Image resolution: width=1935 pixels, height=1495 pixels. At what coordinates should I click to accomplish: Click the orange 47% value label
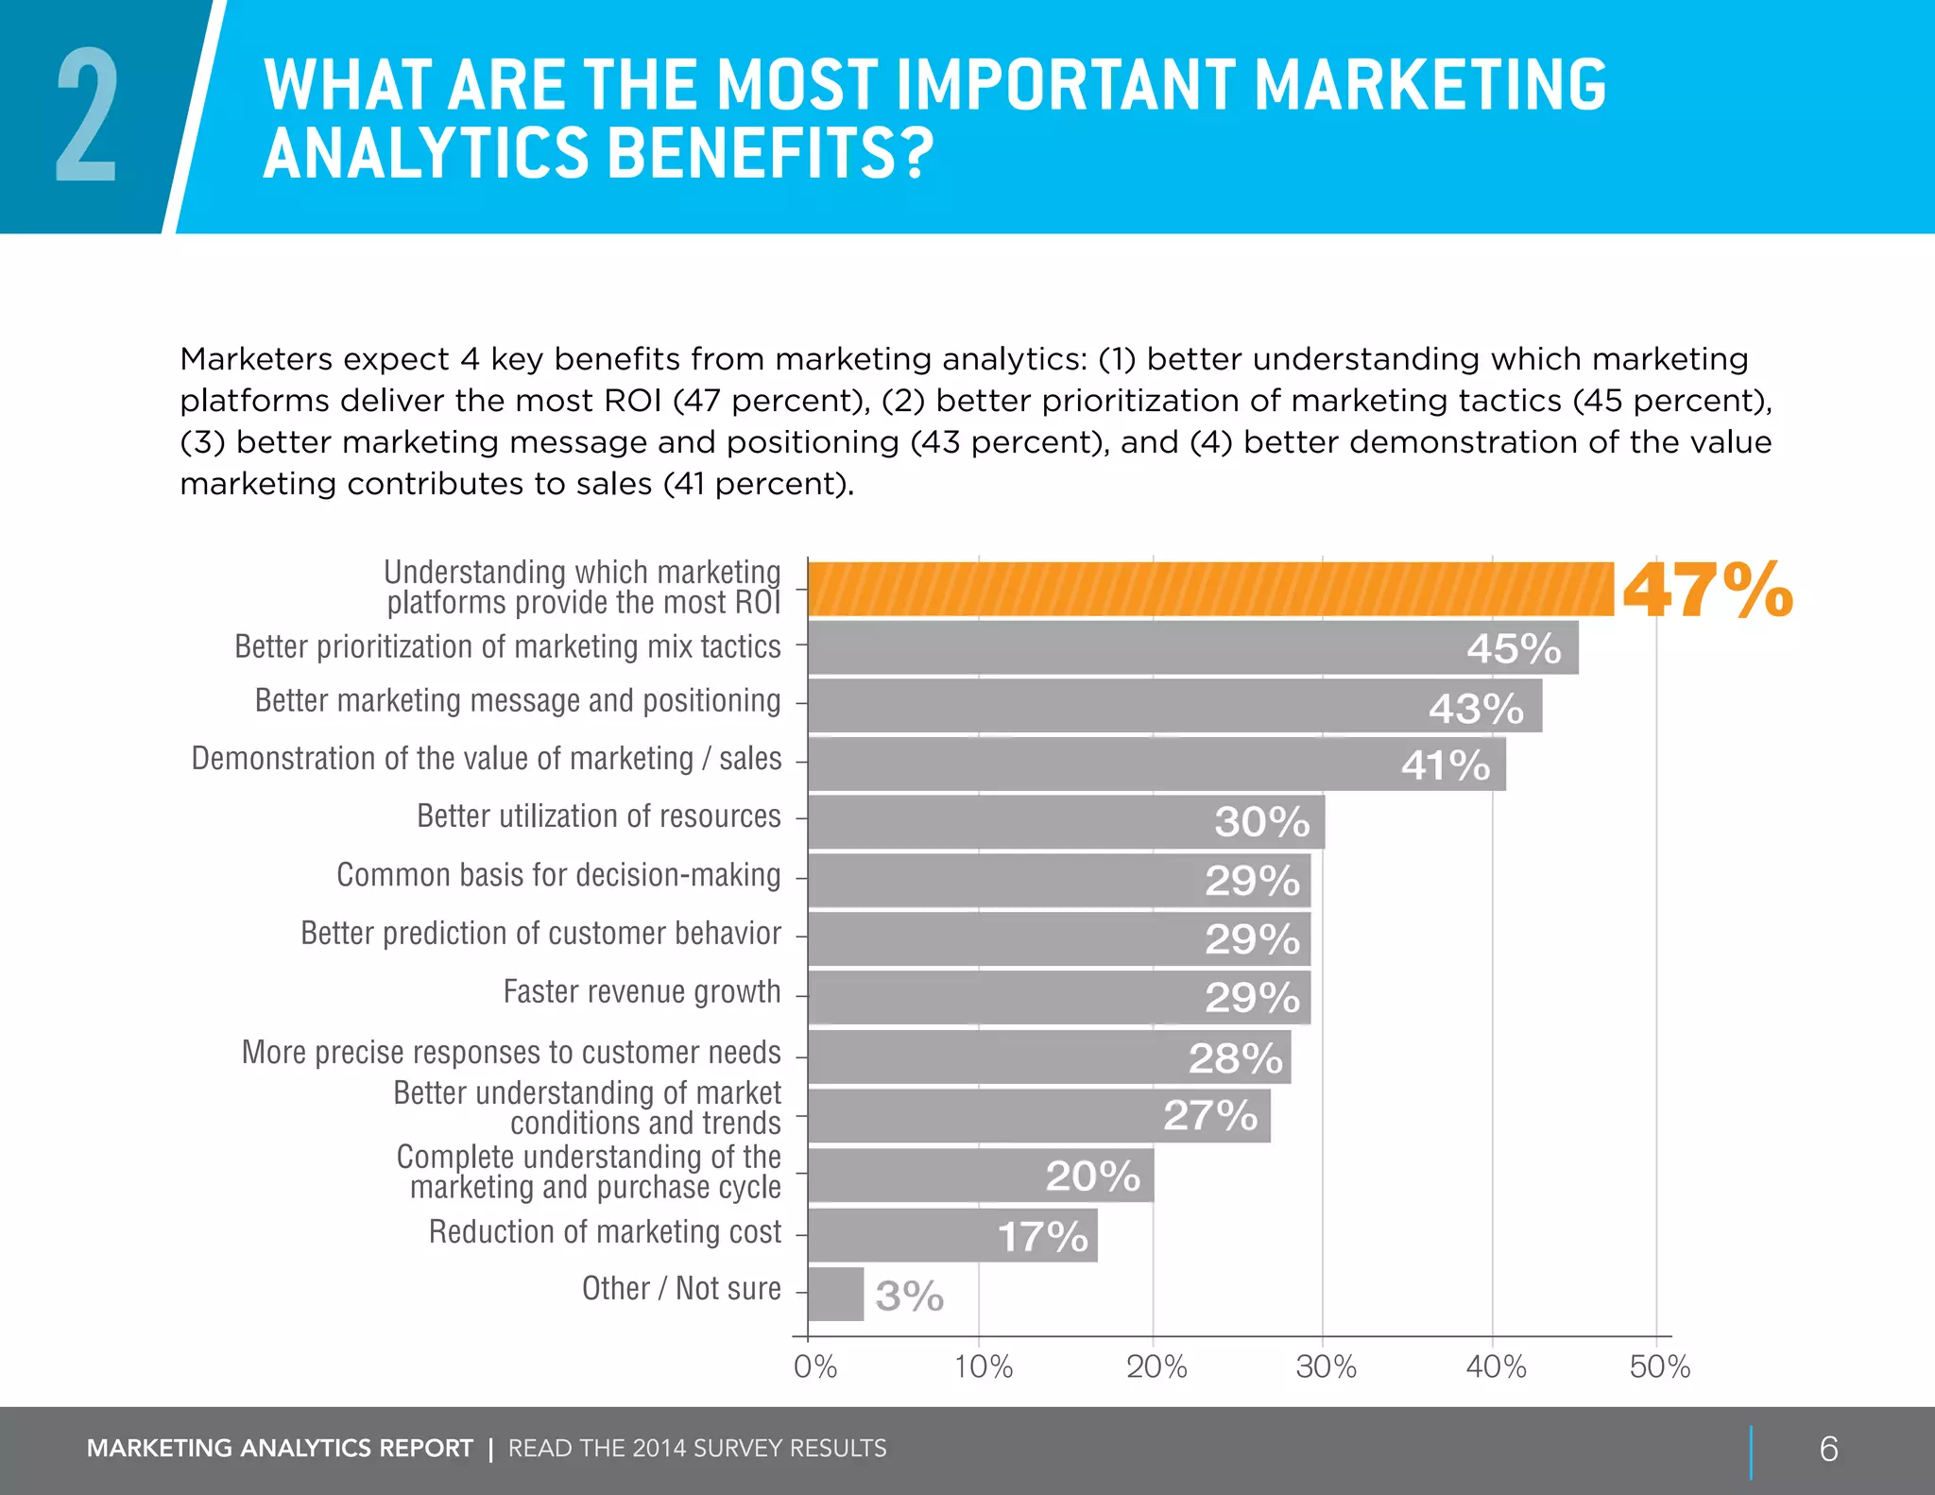tap(1706, 591)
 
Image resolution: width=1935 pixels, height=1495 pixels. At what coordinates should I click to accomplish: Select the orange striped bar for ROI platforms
tap(1209, 590)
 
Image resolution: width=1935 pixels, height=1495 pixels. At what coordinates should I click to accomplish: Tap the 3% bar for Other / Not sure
tap(835, 1294)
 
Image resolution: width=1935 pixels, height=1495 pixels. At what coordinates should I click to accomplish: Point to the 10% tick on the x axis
tap(983, 1366)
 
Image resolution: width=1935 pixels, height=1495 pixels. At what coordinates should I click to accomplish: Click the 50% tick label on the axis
tap(1659, 1366)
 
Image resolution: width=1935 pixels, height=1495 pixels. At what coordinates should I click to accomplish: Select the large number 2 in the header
tap(86, 116)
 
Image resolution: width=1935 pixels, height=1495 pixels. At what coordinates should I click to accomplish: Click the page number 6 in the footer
tap(1828, 1449)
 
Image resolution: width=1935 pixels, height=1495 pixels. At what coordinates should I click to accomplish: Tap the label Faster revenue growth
tap(642, 992)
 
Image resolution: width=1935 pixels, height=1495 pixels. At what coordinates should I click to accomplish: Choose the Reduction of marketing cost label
tap(605, 1232)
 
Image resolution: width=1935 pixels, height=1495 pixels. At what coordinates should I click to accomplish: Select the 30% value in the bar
tap(1261, 822)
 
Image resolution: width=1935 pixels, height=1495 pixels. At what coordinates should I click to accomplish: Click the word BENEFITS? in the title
tap(769, 154)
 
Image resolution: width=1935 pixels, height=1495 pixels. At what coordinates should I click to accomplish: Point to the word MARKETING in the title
tap(1430, 85)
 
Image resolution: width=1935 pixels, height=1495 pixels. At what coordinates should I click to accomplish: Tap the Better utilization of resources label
tap(598, 816)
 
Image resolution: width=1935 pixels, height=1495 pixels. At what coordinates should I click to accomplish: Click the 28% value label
tap(1235, 1058)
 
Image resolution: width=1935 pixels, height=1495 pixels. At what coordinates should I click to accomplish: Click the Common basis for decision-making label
tap(558, 875)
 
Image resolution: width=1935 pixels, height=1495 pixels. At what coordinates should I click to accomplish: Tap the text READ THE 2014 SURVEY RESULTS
tap(697, 1449)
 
